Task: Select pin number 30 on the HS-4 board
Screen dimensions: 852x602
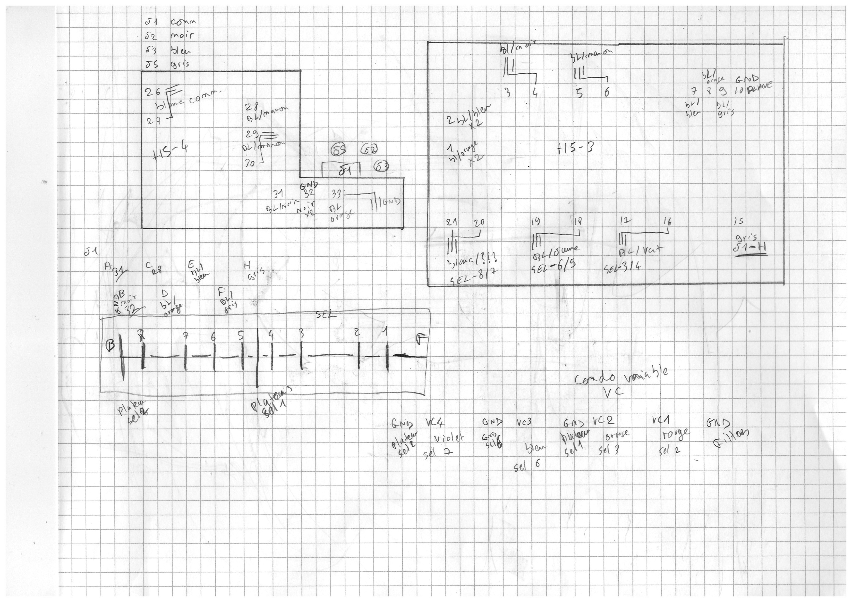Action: (250, 162)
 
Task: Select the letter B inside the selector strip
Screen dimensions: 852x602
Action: (110, 346)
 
